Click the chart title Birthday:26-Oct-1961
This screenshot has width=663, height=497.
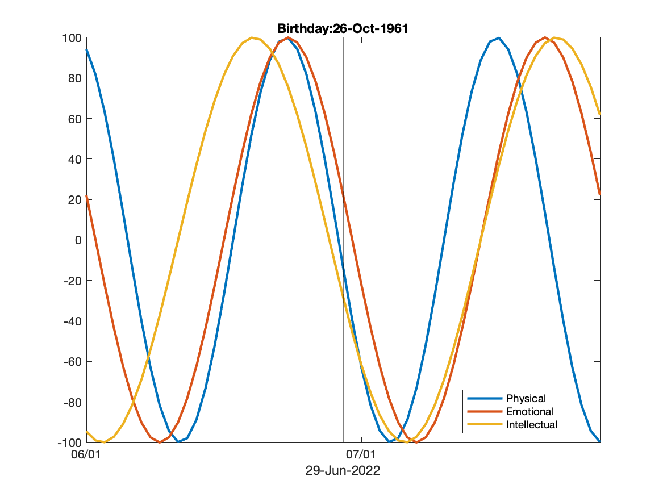(x=343, y=28)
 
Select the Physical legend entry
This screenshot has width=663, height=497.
(x=526, y=399)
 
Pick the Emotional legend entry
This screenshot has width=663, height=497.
(x=529, y=412)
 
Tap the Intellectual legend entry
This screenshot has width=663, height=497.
(x=531, y=425)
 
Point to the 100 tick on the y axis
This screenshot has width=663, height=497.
(x=73, y=38)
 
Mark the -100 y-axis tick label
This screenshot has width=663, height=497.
(x=70, y=442)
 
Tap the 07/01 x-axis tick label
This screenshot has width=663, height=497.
(x=361, y=455)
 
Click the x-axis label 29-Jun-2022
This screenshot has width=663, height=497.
(x=343, y=471)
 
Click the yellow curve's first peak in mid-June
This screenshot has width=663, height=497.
(x=252, y=38)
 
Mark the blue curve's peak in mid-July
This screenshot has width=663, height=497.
(x=498, y=38)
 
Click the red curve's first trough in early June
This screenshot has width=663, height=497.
(x=160, y=441)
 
